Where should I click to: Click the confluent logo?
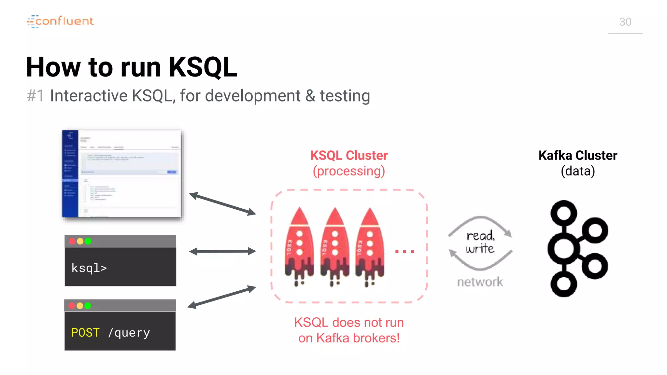[x=61, y=21]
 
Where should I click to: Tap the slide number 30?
[x=625, y=22]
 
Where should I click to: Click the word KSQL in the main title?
[x=203, y=67]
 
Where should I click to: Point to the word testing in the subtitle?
[x=345, y=96]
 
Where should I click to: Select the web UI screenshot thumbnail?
[x=122, y=174]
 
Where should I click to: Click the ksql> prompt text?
[x=89, y=268]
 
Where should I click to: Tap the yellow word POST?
[x=85, y=332]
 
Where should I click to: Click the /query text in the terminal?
[x=129, y=332]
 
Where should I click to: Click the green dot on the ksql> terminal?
[x=88, y=241]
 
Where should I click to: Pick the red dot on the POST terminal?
[x=72, y=306]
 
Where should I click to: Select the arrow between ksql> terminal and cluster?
[x=222, y=251]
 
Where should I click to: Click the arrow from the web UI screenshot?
[x=222, y=204]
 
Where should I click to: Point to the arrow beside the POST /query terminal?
[x=222, y=297]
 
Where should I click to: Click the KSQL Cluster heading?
[x=349, y=156]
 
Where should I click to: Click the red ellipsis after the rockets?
[x=404, y=251]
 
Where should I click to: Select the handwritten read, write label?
[x=480, y=242]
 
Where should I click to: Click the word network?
[x=480, y=282]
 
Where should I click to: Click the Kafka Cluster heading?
[x=578, y=156]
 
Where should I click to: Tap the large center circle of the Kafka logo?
[x=564, y=249]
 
